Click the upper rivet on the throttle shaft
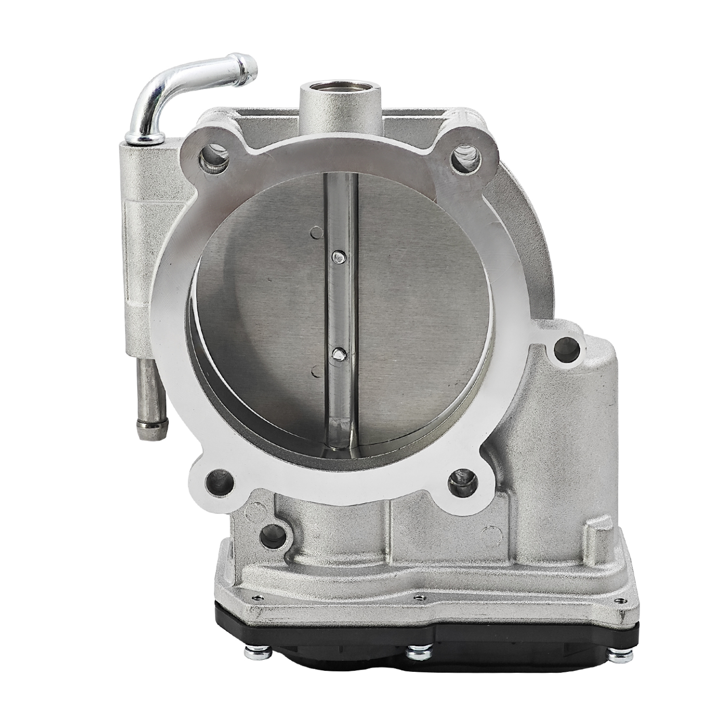339,257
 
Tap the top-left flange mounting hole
214,159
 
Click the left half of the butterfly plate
261,311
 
